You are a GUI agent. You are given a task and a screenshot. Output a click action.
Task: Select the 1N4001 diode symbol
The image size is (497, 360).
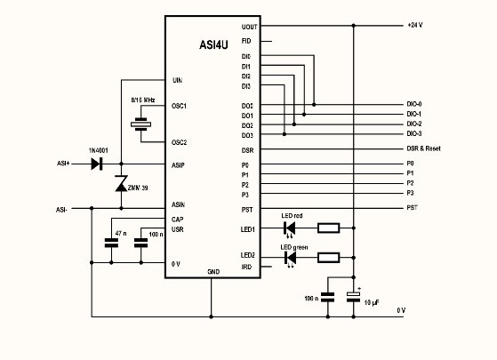coord(98,164)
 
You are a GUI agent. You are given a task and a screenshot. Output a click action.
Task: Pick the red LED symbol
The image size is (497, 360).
coord(290,228)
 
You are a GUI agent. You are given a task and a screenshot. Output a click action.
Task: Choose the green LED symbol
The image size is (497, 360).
coord(290,259)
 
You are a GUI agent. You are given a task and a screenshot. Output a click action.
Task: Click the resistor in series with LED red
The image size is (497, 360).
coord(328,228)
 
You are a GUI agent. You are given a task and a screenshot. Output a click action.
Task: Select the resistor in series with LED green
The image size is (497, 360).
coord(328,259)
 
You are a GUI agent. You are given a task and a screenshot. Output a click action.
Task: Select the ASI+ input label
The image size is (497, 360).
coord(63,164)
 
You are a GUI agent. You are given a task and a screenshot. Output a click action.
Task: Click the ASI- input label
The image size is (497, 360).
coord(61,210)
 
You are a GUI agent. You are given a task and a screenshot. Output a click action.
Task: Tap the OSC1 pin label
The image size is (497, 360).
coord(178,105)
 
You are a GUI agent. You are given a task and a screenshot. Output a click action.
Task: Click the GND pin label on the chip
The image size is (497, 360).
coord(212,271)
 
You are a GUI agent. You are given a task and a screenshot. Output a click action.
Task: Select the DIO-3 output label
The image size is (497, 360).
coord(414,134)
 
